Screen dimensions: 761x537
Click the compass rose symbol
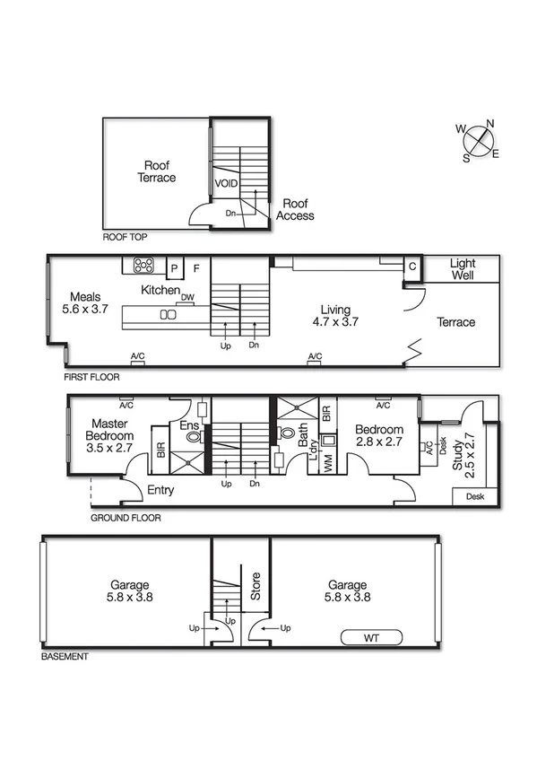coord(480,140)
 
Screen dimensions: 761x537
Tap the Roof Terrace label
coord(157,171)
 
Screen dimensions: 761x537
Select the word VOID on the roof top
coord(226,183)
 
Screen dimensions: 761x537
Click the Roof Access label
coord(295,210)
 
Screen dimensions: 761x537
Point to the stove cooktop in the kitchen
coord(143,266)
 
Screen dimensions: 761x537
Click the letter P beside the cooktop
coord(175,267)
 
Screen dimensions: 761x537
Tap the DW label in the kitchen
coord(187,297)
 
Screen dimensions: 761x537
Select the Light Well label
coord(463,269)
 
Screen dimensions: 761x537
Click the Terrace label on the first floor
coord(455,322)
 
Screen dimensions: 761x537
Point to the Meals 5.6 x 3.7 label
coord(85,303)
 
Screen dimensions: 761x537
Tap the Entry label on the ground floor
coord(160,490)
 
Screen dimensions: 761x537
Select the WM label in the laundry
coord(327,464)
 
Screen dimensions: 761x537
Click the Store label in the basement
coord(255,586)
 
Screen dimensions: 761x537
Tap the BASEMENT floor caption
coord(65,657)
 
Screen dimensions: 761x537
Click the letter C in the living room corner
coord(411,267)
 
